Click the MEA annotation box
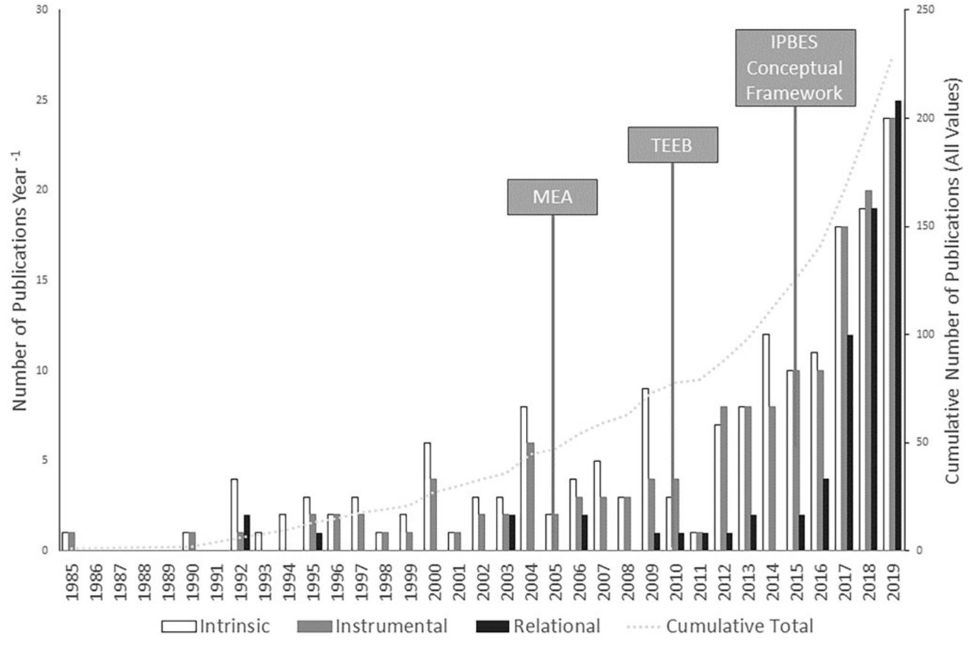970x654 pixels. (x=552, y=197)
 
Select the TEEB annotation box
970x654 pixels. (x=672, y=145)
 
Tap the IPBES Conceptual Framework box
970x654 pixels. (x=794, y=68)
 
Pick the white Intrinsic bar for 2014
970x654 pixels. (x=766, y=442)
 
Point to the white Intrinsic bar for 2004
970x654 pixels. (x=524, y=478)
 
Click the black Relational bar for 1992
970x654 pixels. (x=246, y=532)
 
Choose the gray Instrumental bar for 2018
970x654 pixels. (x=868, y=370)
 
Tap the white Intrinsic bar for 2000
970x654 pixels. (x=427, y=496)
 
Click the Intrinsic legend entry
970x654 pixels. (x=216, y=626)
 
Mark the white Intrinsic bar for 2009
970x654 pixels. (x=645, y=469)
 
